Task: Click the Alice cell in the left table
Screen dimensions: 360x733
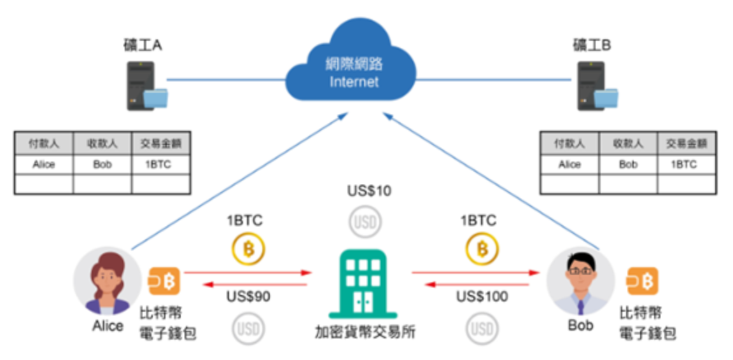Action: click(x=43, y=164)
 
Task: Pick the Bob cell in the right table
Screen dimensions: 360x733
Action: click(x=627, y=164)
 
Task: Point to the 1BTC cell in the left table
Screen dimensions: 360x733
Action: click(x=160, y=164)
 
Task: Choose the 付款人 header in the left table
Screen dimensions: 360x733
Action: click(x=43, y=143)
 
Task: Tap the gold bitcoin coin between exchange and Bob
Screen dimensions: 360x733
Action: click(x=482, y=249)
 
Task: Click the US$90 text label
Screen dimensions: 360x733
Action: click(x=248, y=296)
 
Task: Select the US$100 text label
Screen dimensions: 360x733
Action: click(x=482, y=296)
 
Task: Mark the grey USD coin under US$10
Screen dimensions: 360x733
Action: click(x=366, y=222)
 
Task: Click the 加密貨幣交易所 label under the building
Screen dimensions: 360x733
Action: click(x=365, y=332)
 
